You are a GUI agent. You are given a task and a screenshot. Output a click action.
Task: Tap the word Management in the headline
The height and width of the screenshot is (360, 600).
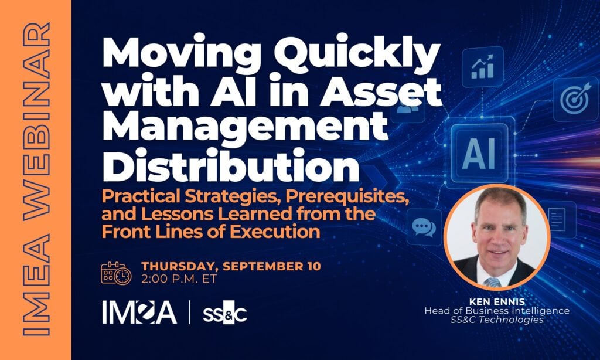[x=246, y=128]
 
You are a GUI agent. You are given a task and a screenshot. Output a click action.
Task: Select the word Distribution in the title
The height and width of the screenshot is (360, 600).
[x=231, y=165]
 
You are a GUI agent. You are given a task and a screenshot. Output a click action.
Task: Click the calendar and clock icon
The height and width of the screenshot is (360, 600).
[x=116, y=273]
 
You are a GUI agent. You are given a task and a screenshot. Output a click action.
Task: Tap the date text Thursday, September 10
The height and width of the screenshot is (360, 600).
[x=231, y=266]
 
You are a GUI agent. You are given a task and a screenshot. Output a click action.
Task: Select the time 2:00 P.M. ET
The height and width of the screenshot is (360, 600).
[x=179, y=279]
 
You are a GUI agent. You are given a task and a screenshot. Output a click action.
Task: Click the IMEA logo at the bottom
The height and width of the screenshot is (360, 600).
[x=139, y=312]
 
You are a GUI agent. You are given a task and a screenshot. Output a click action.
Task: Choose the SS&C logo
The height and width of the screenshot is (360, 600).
[x=224, y=313]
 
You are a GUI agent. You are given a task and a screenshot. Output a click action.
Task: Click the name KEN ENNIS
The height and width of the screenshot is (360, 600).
[x=497, y=301]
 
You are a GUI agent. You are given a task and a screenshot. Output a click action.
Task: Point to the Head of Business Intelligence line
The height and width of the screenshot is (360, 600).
[x=497, y=311]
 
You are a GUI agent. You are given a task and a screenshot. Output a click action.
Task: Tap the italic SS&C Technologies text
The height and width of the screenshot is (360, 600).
[x=497, y=320]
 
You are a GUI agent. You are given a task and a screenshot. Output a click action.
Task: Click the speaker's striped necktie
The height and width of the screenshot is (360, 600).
[x=492, y=282]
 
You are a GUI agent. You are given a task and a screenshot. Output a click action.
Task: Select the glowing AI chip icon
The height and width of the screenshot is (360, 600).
[x=479, y=153]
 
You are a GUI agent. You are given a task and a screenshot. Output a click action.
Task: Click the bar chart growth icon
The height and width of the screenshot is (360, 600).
[x=483, y=67]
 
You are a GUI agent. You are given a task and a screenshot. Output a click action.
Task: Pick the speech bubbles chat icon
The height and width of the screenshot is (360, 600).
[x=424, y=227]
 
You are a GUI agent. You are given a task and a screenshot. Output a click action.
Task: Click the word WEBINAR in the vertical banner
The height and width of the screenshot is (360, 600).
[x=36, y=121]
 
